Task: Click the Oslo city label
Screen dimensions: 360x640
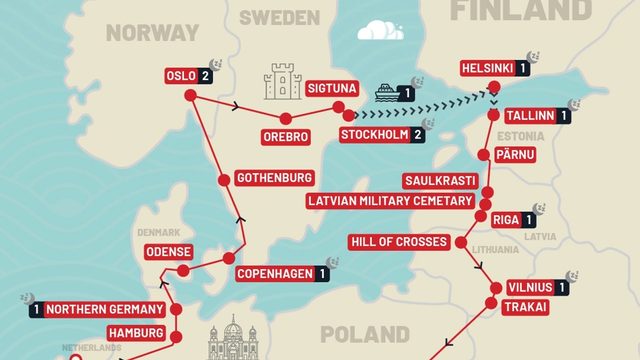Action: click(x=181, y=76)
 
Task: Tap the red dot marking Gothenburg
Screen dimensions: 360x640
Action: click(x=224, y=180)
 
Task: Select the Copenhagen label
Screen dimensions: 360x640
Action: click(x=275, y=274)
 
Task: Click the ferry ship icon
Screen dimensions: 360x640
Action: click(x=387, y=92)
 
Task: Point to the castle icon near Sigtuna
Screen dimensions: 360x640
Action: click(x=282, y=81)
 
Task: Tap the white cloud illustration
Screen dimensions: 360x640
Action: click(x=380, y=30)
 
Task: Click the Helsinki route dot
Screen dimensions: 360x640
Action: click(x=494, y=87)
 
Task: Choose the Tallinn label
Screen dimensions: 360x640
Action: click(x=530, y=116)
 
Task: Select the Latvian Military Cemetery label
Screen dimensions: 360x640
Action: click(x=390, y=201)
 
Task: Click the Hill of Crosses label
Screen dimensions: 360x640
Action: click(x=399, y=242)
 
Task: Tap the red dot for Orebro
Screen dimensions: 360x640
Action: click(x=285, y=118)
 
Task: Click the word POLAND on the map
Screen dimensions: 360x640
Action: click(x=365, y=334)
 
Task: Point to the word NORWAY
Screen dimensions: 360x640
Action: click(x=152, y=33)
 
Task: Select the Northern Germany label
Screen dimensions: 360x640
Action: click(x=105, y=309)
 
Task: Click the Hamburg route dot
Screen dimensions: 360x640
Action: click(x=176, y=337)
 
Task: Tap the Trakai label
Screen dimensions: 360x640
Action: click(x=525, y=307)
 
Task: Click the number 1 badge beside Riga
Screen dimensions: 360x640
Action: click(x=528, y=220)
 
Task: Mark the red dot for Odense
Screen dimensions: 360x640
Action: click(x=183, y=270)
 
